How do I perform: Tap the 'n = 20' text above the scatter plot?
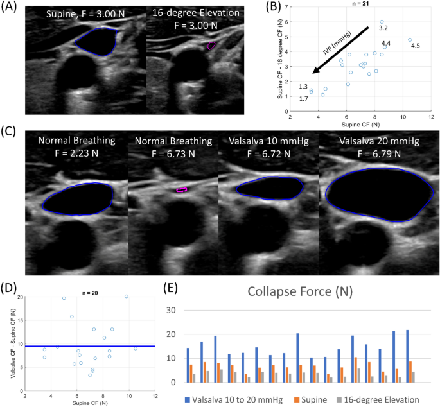coord(91,293)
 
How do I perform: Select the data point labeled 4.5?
coord(409,40)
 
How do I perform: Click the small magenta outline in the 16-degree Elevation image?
coord(211,46)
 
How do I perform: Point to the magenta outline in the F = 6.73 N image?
coord(182,189)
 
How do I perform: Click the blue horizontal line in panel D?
coord(90,346)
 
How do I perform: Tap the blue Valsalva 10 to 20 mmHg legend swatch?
coord(187,398)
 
